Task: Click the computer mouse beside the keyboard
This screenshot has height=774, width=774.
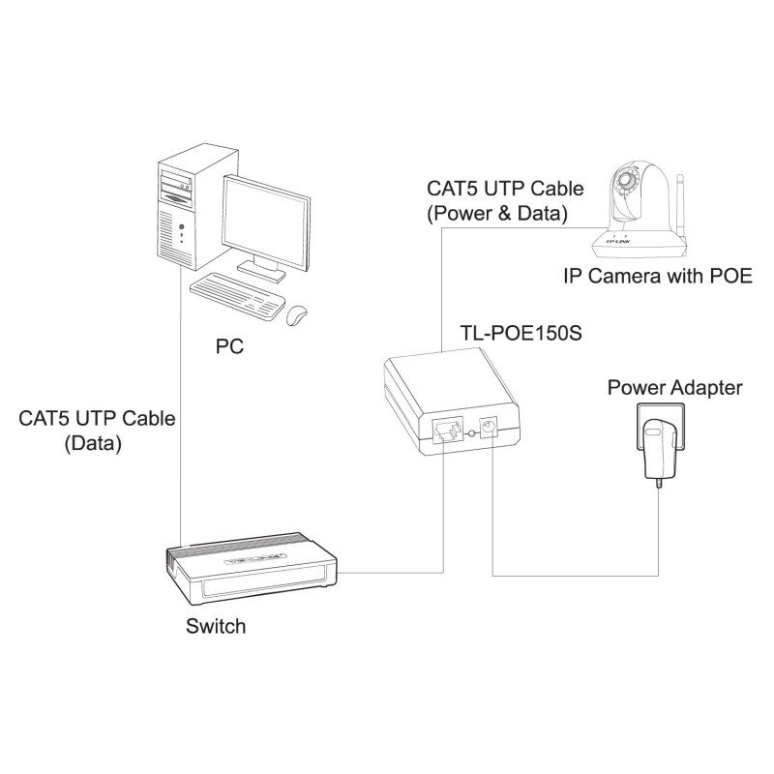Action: pos(297,314)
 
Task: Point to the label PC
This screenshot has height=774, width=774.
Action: pos(229,344)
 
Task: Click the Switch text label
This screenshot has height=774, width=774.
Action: pos(215,626)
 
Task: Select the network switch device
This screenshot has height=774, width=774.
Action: pos(252,572)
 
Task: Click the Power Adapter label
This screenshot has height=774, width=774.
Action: pos(675,388)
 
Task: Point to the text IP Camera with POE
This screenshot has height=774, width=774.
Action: pos(658,276)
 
